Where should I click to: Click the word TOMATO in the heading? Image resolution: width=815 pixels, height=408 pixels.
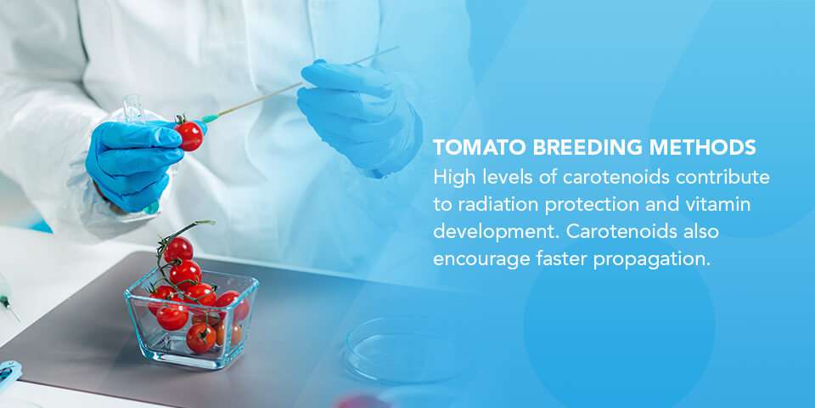pos(479,148)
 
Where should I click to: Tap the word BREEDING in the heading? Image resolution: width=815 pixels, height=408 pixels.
pos(577,148)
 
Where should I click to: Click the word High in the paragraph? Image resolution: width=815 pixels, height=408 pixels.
pos(452,178)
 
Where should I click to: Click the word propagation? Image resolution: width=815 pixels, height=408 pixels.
pos(652,259)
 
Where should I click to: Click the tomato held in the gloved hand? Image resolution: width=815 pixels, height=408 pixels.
pos(188,135)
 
